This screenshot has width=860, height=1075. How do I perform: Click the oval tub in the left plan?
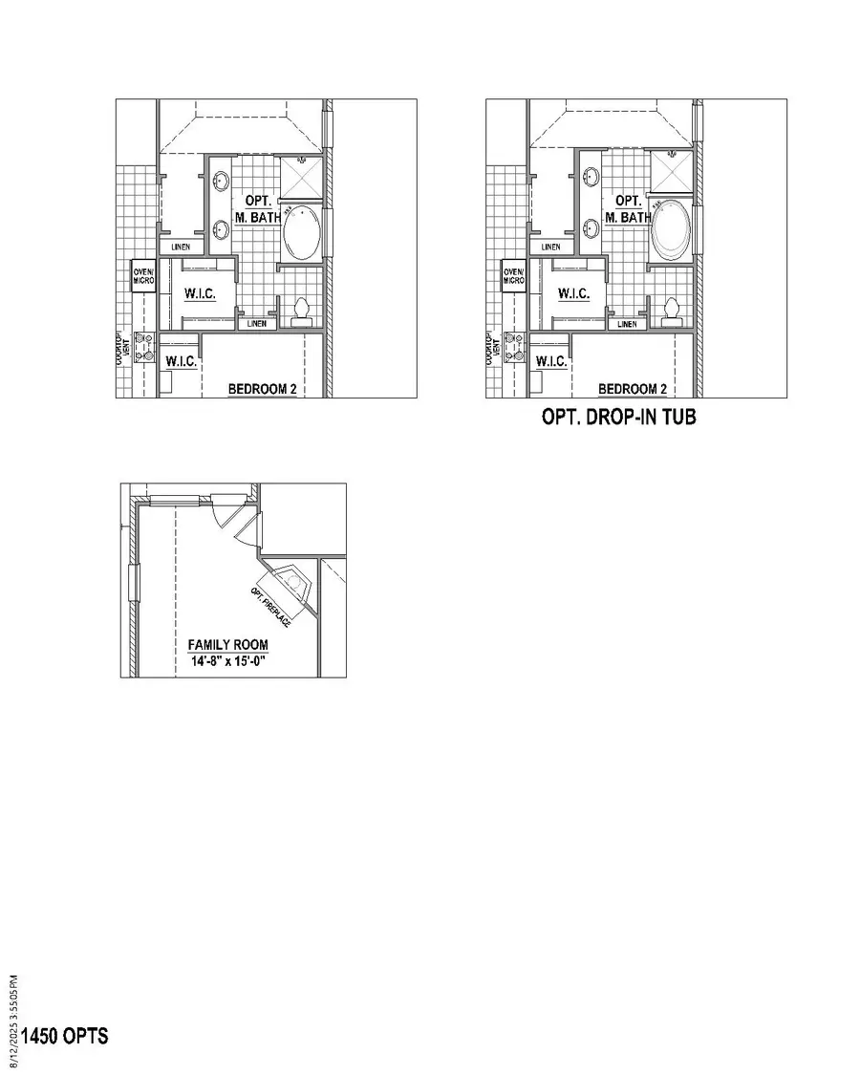tap(304, 232)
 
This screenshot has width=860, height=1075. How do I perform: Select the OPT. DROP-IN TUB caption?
tap(618, 418)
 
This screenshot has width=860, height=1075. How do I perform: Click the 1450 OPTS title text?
tap(64, 1036)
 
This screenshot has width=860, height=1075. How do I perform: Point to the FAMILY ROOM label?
tap(227, 645)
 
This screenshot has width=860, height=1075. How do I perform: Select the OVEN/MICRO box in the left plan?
tap(143, 275)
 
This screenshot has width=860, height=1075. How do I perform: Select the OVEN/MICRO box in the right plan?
tap(513, 275)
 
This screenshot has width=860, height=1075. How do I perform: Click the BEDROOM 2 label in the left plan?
tap(261, 389)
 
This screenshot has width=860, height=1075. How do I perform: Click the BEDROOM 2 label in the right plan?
tap(632, 389)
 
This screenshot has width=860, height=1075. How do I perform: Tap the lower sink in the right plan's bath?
tap(591, 229)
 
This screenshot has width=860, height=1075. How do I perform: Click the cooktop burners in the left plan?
tap(144, 347)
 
